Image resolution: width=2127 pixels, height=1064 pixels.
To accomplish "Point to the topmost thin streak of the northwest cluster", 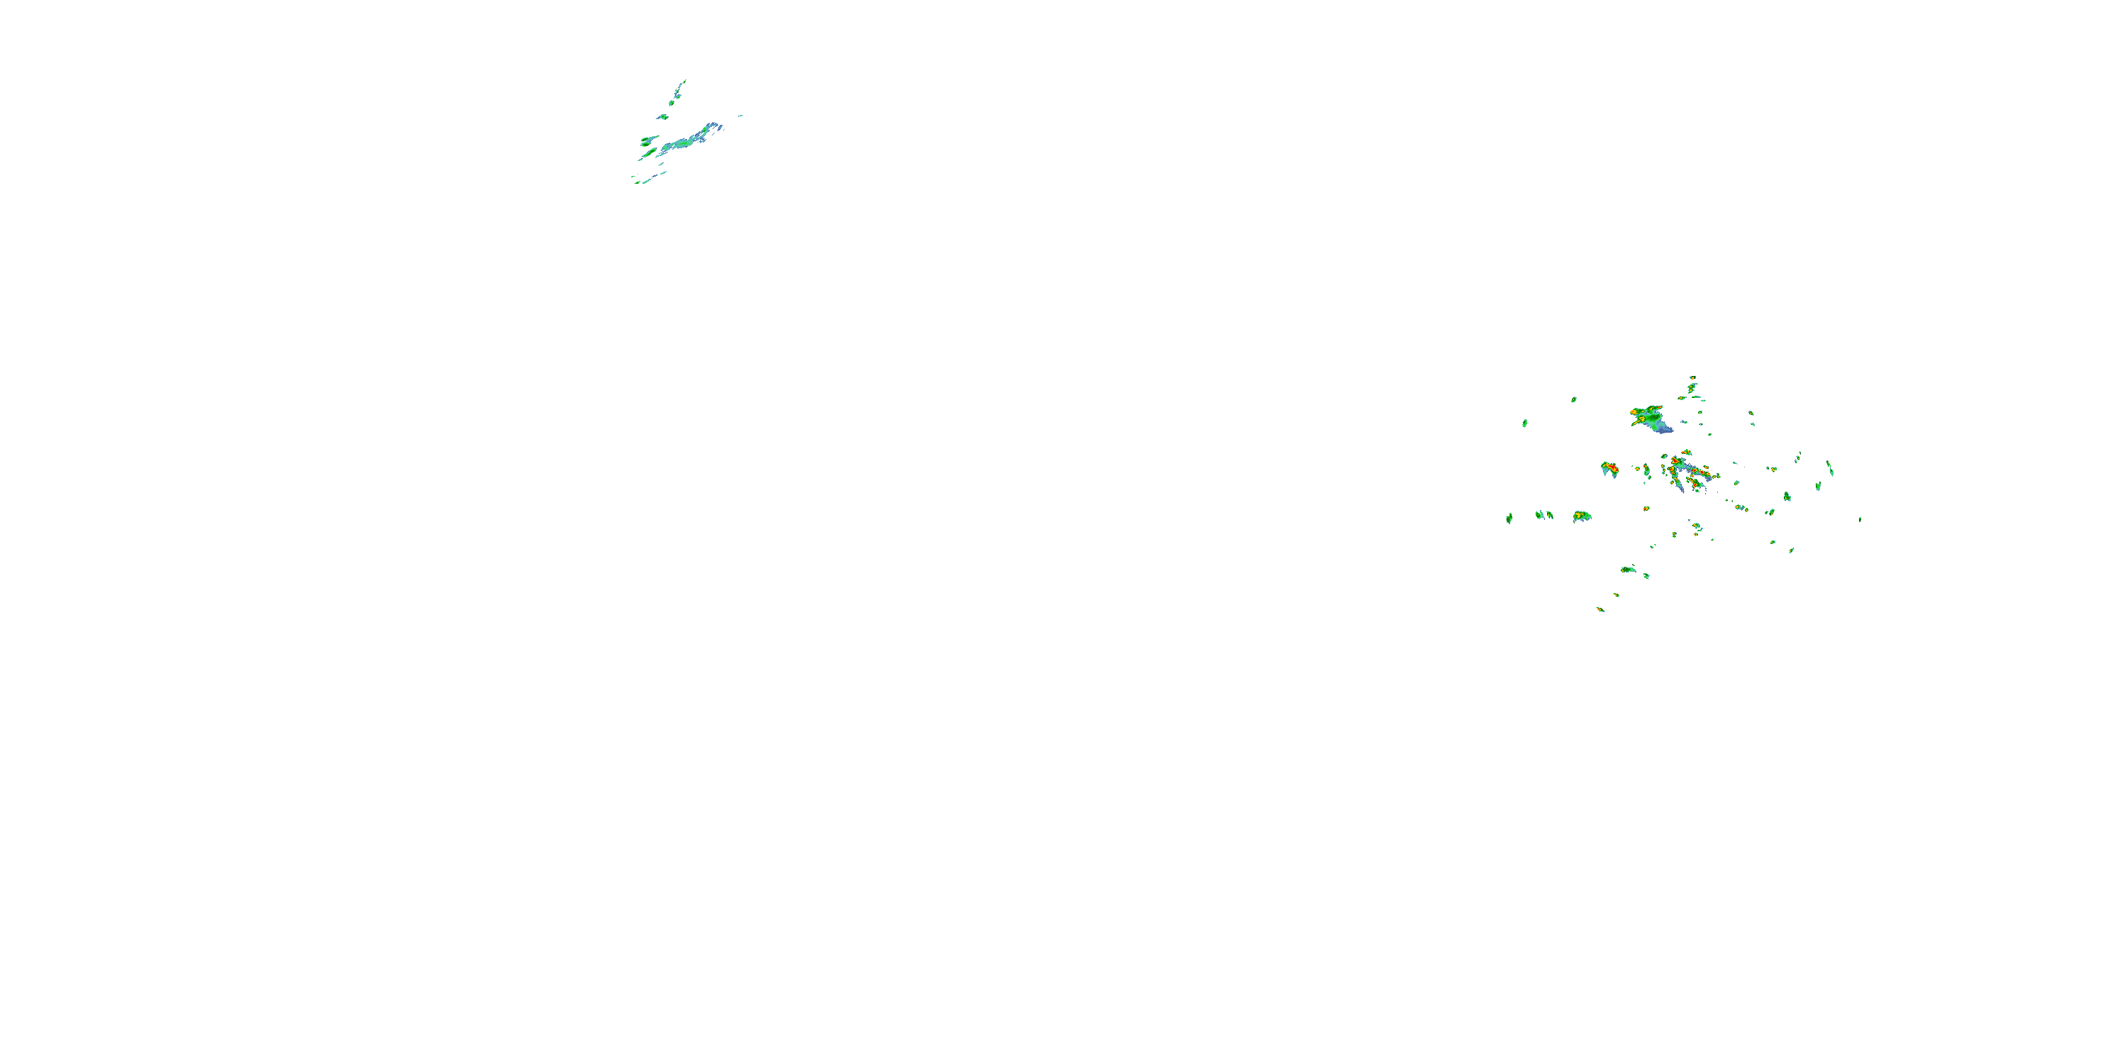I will pos(681,85).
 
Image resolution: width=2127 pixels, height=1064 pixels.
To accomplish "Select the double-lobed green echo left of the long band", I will pos(649,140).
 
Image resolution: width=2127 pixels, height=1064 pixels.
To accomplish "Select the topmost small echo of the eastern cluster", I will pos(1692,378).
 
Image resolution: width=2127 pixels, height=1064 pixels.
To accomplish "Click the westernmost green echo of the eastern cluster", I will pos(1509,518).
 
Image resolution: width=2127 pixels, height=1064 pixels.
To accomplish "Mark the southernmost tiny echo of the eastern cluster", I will pos(1600,609).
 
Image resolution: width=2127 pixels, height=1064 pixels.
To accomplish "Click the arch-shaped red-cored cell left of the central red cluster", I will pos(1609,468).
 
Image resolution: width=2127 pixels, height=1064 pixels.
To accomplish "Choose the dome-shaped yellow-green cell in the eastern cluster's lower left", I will pos(1582,516).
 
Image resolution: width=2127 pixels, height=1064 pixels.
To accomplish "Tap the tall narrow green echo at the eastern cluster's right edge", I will pos(1830,468).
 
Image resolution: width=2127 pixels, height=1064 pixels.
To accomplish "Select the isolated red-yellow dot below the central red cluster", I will pos(1646,508).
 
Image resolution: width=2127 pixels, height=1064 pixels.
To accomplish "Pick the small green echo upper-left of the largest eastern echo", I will pos(1574,400).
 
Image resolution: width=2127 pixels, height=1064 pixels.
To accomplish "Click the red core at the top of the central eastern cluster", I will pos(1675,460).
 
